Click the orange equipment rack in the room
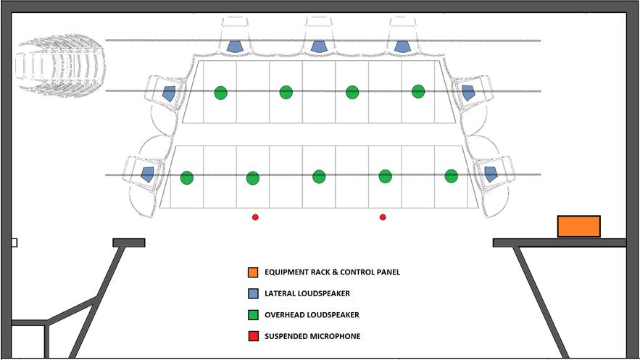coord(578,226)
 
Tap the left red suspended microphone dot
coord(255,217)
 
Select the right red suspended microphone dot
coord(383,217)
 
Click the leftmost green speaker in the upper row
coord(220,93)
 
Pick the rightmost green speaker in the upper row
coord(418,91)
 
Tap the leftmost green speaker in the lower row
coord(187,177)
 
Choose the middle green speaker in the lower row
coord(319,177)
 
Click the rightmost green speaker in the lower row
coord(451,176)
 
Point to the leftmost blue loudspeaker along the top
coord(235,46)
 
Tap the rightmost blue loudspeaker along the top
coord(402,46)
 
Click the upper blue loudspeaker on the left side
coord(170,93)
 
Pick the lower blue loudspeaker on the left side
coord(148,174)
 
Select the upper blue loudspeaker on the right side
coord(467,92)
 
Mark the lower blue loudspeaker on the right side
coord(491,174)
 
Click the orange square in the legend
coord(252,272)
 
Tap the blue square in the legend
coord(252,293)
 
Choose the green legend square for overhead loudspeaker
coord(252,314)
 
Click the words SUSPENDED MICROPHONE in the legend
coord(312,336)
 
